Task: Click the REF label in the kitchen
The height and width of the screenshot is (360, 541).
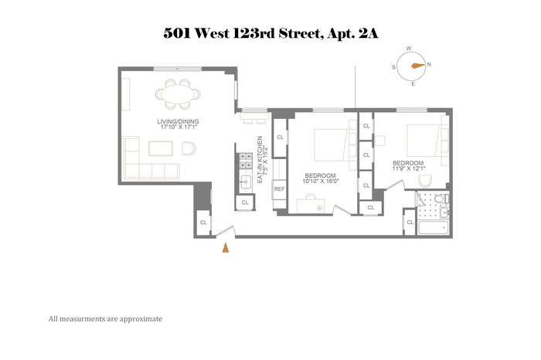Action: (280, 189)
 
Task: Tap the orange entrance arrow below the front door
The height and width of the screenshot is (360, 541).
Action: (226, 247)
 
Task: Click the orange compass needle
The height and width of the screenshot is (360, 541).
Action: (418, 66)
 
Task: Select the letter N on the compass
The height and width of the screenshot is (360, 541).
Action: (429, 64)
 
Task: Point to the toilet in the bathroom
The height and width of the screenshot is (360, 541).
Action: (441, 199)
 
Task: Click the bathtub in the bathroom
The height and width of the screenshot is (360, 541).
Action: (433, 228)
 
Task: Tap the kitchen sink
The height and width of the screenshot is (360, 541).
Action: (246, 181)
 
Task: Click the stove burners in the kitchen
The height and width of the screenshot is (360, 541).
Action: (246, 161)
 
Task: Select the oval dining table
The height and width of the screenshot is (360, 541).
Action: (178, 93)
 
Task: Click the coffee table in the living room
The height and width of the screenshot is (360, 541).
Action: (161, 148)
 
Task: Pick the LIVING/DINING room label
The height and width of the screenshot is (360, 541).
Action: (178, 121)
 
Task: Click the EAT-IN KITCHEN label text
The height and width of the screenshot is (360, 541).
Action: (260, 159)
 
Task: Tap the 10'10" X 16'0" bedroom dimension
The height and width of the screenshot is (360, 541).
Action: (321, 181)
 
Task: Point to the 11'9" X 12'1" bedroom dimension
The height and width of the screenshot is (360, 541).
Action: (409, 168)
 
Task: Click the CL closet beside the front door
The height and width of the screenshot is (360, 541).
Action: (203, 222)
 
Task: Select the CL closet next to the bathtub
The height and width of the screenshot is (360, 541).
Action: (410, 222)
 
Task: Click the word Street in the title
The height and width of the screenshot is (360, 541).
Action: (301, 34)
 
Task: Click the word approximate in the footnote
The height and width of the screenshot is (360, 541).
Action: (141, 319)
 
